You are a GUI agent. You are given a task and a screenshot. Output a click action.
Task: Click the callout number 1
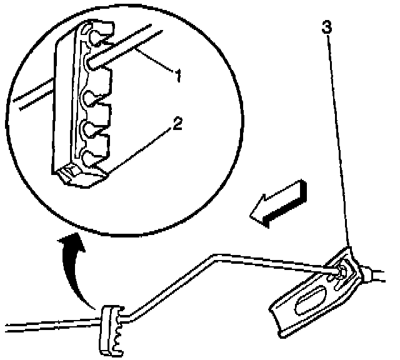(177, 77)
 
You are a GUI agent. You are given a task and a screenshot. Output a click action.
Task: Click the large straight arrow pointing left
(278, 201)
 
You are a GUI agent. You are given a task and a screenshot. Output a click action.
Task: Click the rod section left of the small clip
(50, 324)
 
